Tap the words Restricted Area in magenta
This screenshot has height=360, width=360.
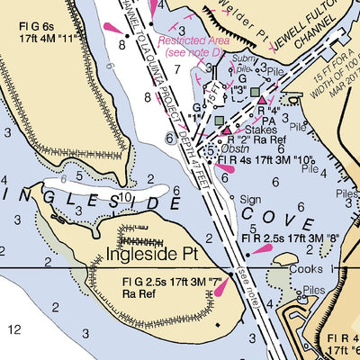coord(188,40)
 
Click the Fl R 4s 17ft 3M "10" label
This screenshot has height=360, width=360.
coord(265,159)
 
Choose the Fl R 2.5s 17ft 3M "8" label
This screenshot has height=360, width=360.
coord(289,238)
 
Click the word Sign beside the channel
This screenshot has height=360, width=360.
coord(250,200)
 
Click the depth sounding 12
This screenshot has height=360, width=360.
coord(13,330)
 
